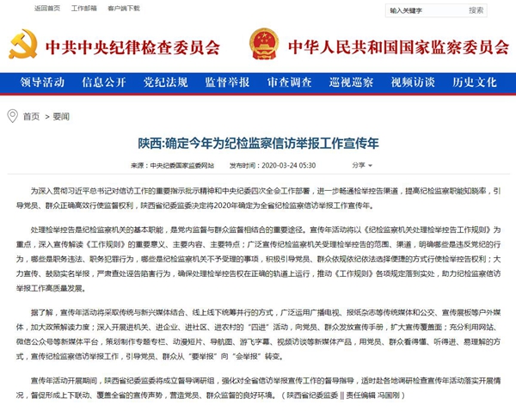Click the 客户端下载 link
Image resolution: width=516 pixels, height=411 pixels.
click(x=124, y=8)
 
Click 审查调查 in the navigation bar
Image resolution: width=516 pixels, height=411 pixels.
click(x=289, y=83)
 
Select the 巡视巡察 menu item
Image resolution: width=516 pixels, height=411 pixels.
click(x=351, y=83)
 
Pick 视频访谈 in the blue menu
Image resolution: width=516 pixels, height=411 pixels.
click(x=413, y=83)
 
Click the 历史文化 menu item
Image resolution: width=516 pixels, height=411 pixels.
click(x=475, y=83)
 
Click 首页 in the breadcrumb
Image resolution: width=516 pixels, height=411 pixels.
click(x=32, y=116)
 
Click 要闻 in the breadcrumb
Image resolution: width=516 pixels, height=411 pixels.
click(x=61, y=116)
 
